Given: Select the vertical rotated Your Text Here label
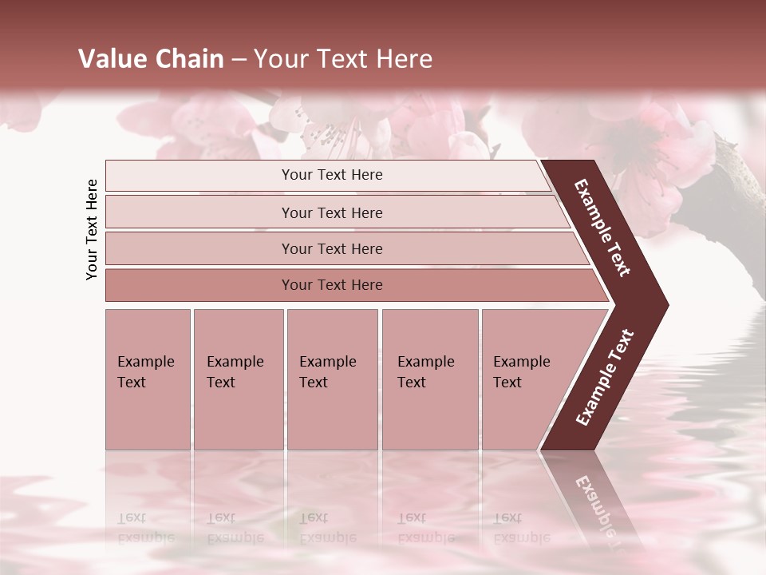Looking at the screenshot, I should coord(92,229).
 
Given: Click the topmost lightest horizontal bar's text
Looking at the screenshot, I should coord(332,175).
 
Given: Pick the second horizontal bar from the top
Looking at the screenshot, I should coord(332,212).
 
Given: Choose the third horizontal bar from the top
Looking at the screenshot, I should coord(332,248).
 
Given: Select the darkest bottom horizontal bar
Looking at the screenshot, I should coord(332,285).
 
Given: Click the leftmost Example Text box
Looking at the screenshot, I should coord(148,379).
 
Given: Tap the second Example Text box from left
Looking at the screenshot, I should coord(238,379).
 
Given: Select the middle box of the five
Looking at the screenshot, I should coord(331,379).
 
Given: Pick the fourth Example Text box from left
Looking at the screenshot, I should coord(429,379).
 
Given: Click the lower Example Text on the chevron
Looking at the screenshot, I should coord(605,378).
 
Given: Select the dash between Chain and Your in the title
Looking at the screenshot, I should coord(239,59).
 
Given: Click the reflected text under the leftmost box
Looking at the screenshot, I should coord(145,528).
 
